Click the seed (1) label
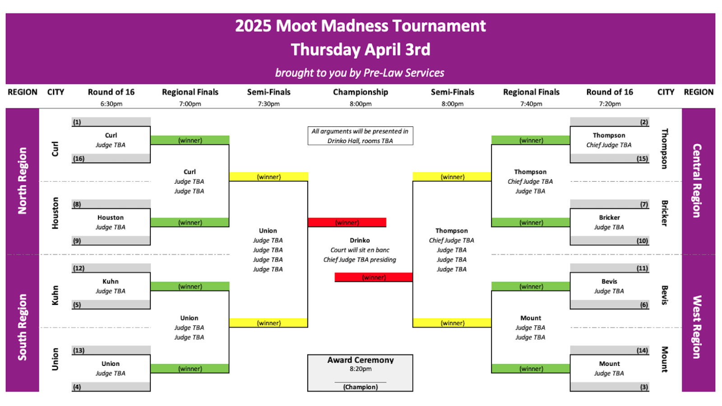[77, 122]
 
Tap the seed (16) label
[79, 158]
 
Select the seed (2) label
[644, 122]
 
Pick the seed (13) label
[79, 350]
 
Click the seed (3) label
[644, 387]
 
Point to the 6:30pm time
[111, 104]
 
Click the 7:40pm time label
[531, 104]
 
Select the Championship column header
[360, 92]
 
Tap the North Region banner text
[22, 180]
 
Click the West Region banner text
[698, 327]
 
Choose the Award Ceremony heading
[360, 360]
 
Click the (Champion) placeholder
[360, 387]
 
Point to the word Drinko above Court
[360, 240]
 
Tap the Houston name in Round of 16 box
[111, 217]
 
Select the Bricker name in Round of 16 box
[609, 217]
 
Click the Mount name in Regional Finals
[531, 318]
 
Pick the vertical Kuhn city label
[55, 295]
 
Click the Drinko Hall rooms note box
[360, 136]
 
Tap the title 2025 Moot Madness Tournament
[360, 26]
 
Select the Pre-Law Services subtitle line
[360, 73]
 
